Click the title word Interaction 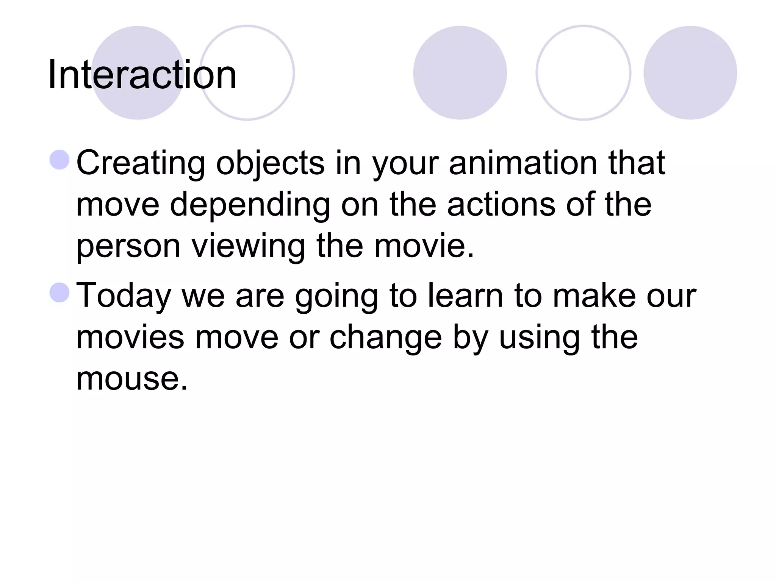(142, 75)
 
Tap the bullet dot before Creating (59, 160)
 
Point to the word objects (270, 164)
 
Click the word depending (250, 205)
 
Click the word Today (124, 296)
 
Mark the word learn (465, 296)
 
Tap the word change (385, 338)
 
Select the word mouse (132, 379)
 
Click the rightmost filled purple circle (690, 73)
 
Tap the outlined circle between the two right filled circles (583, 73)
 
